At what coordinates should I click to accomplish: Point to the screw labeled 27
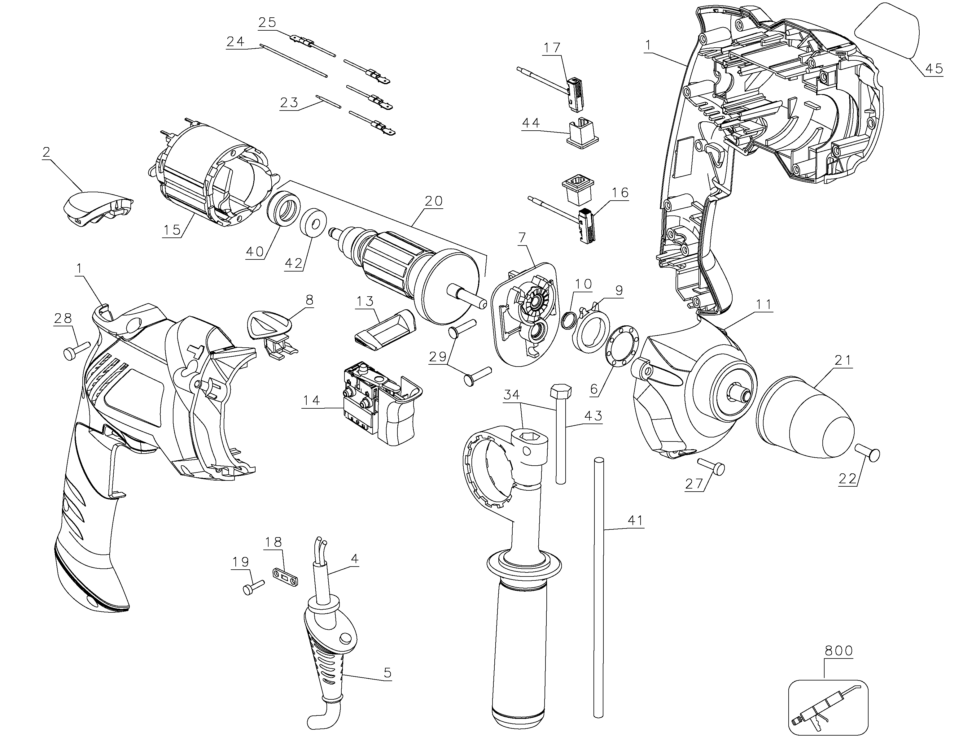(710, 466)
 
